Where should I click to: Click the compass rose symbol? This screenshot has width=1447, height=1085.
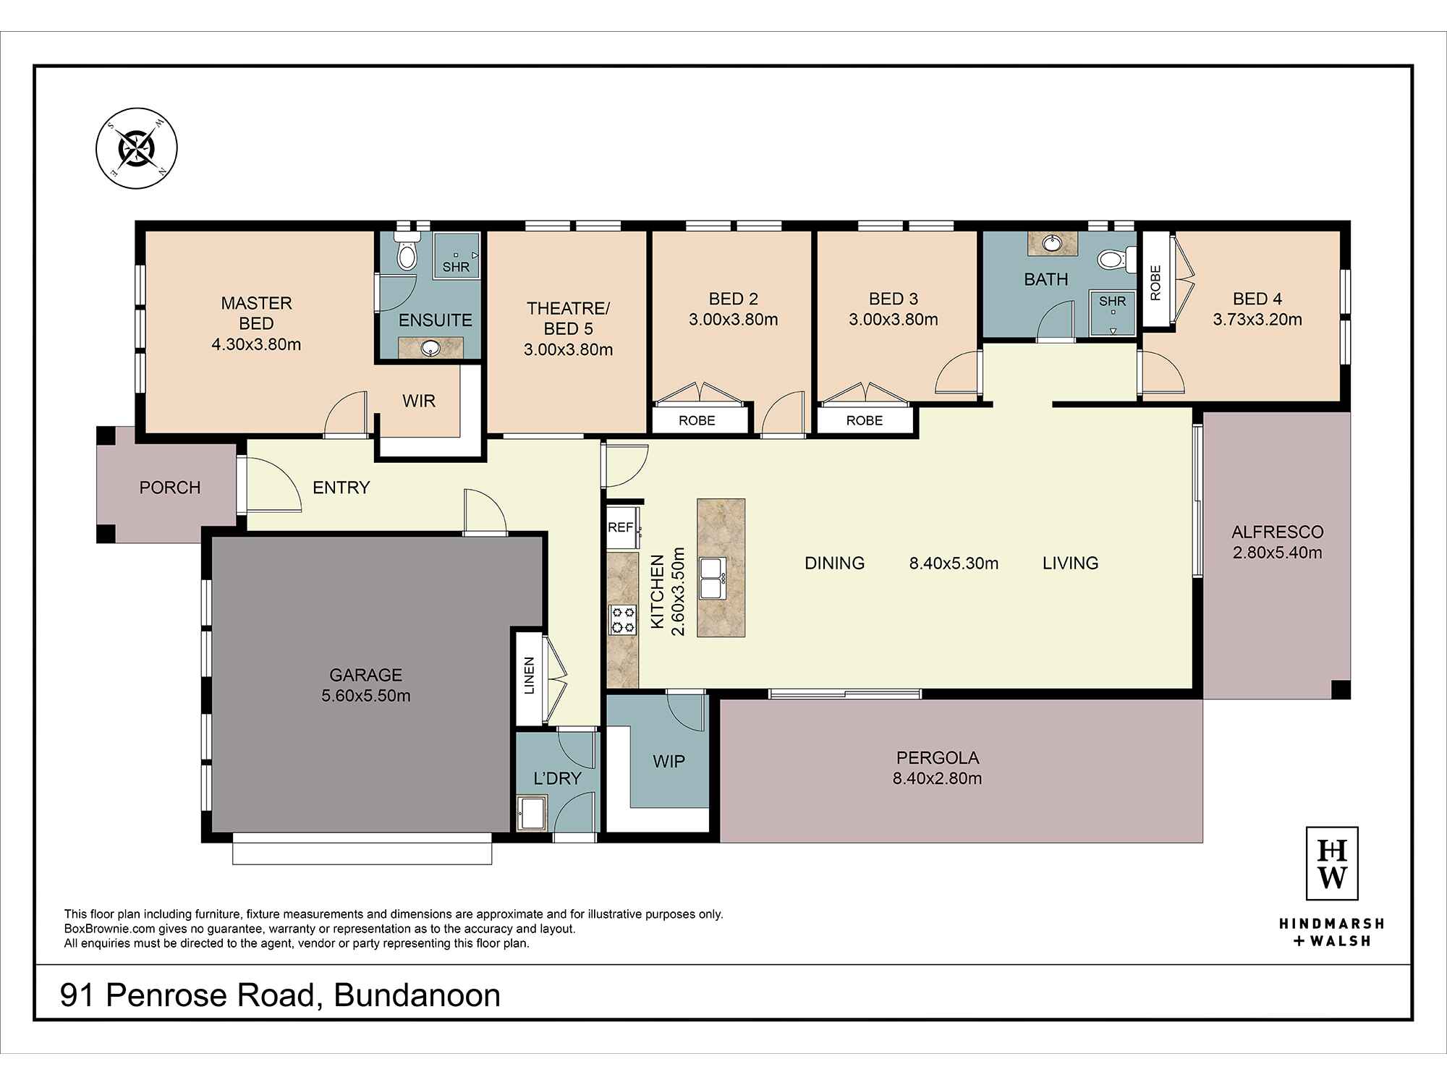[137, 149]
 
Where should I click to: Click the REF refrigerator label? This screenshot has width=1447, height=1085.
[620, 527]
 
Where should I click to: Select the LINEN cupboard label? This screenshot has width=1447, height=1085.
[529, 676]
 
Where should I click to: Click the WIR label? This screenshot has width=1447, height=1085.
[419, 401]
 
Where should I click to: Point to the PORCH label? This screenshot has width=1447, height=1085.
[170, 488]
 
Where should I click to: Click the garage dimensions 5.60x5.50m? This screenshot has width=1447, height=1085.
[366, 696]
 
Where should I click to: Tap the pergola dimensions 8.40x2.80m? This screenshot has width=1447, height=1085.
[938, 778]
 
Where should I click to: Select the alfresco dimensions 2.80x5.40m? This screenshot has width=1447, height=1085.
[1278, 553]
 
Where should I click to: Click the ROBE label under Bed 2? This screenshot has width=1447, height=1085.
[697, 420]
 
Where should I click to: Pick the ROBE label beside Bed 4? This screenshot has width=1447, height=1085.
[1155, 283]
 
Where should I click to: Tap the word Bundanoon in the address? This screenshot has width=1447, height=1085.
[417, 995]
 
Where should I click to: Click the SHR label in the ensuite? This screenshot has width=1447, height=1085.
[456, 267]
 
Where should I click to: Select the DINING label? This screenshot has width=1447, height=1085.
[835, 563]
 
